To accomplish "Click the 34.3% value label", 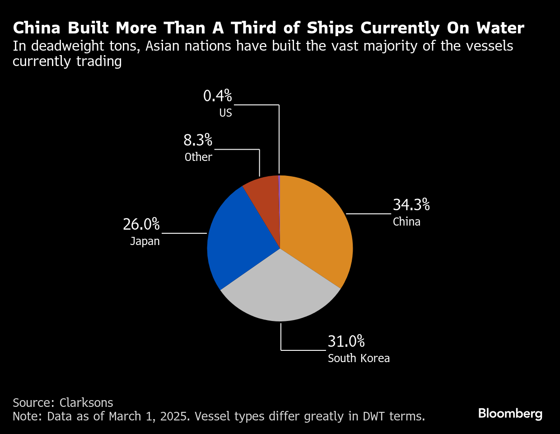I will (411, 205).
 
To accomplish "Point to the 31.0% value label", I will (346, 341).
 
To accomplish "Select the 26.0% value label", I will (141, 224).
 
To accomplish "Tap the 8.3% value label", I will (198, 140).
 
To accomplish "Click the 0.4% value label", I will (218, 96).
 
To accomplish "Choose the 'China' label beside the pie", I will (406, 222).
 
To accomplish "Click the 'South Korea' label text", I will (359, 358).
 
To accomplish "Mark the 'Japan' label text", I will (145, 241).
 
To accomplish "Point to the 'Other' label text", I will (198, 157).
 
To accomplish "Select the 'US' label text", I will (225, 113).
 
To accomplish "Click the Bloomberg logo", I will (510, 413).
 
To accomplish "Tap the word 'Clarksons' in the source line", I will (86, 402).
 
